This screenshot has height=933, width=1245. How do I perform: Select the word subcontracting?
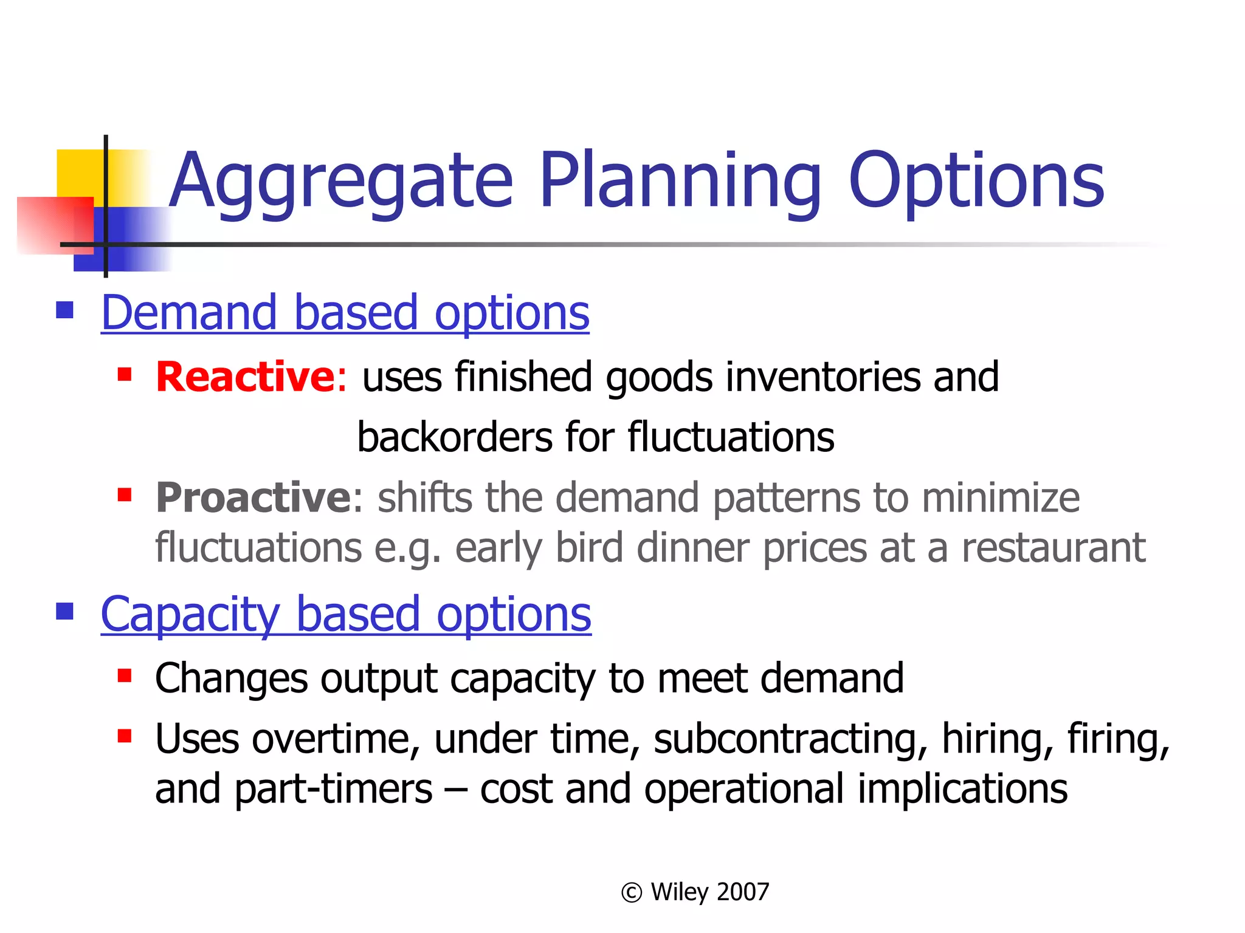coord(790,739)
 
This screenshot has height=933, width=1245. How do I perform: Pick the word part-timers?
coord(333,789)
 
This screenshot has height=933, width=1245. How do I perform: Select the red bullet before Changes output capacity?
coord(125,676)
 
